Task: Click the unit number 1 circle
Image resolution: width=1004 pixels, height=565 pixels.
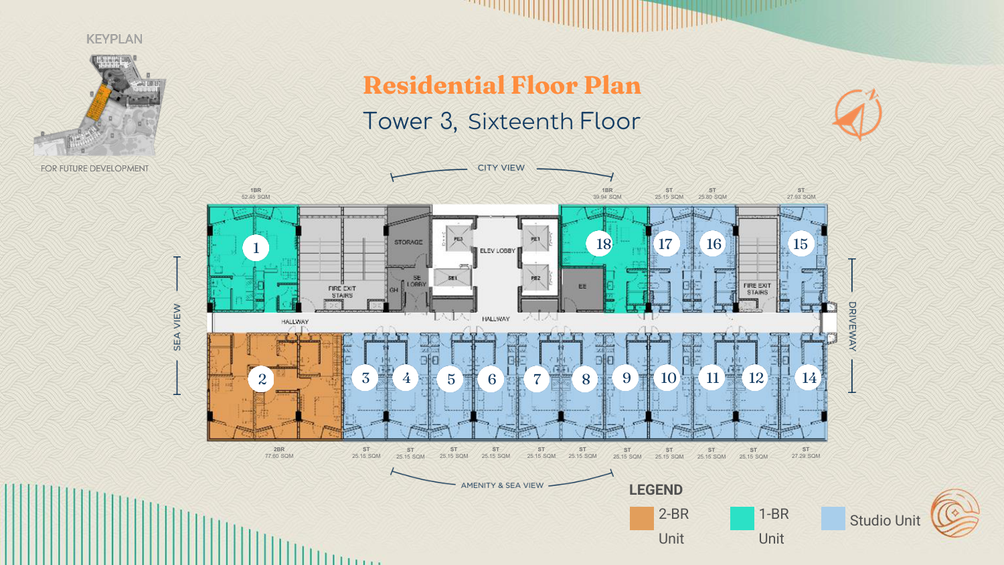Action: [x=256, y=248]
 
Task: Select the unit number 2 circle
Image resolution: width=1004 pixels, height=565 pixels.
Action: [x=262, y=380]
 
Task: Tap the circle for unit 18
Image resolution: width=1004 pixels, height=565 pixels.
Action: [x=603, y=244]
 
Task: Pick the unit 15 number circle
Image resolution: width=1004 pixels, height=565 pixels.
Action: [x=801, y=244]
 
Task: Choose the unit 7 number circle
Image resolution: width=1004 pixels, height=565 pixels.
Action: [x=537, y=380]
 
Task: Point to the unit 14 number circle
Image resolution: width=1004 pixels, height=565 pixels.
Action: [x=809, y=378]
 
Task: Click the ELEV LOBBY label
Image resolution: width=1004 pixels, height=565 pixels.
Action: [x=497, y=251]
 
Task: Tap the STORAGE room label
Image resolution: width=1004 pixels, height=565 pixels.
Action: [x=408, y=242]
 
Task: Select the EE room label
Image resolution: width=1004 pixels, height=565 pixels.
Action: [x=582, y=287]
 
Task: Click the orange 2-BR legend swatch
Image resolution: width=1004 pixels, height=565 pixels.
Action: [x=641, y=518]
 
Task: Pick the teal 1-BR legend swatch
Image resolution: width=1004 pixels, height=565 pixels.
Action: [x=742, y=518]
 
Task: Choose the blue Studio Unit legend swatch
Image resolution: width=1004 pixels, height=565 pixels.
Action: [x=833, y=518]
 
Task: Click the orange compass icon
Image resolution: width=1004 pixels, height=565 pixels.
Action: [x=857, y=114]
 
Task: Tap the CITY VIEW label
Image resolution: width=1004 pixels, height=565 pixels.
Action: [x=501, y=168]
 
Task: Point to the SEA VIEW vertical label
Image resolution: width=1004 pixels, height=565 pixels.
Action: [x=177, y=327]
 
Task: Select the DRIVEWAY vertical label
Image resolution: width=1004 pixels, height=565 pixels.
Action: [x=852, y=326]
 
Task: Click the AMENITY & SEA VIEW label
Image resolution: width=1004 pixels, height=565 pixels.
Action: [x=502, y=485]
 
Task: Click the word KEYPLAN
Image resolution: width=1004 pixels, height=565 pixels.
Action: [x=114, y=39]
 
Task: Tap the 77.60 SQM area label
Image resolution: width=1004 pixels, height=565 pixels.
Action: [x=279, y=457]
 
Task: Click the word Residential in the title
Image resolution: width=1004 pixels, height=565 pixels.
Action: [x=434, y=86]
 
